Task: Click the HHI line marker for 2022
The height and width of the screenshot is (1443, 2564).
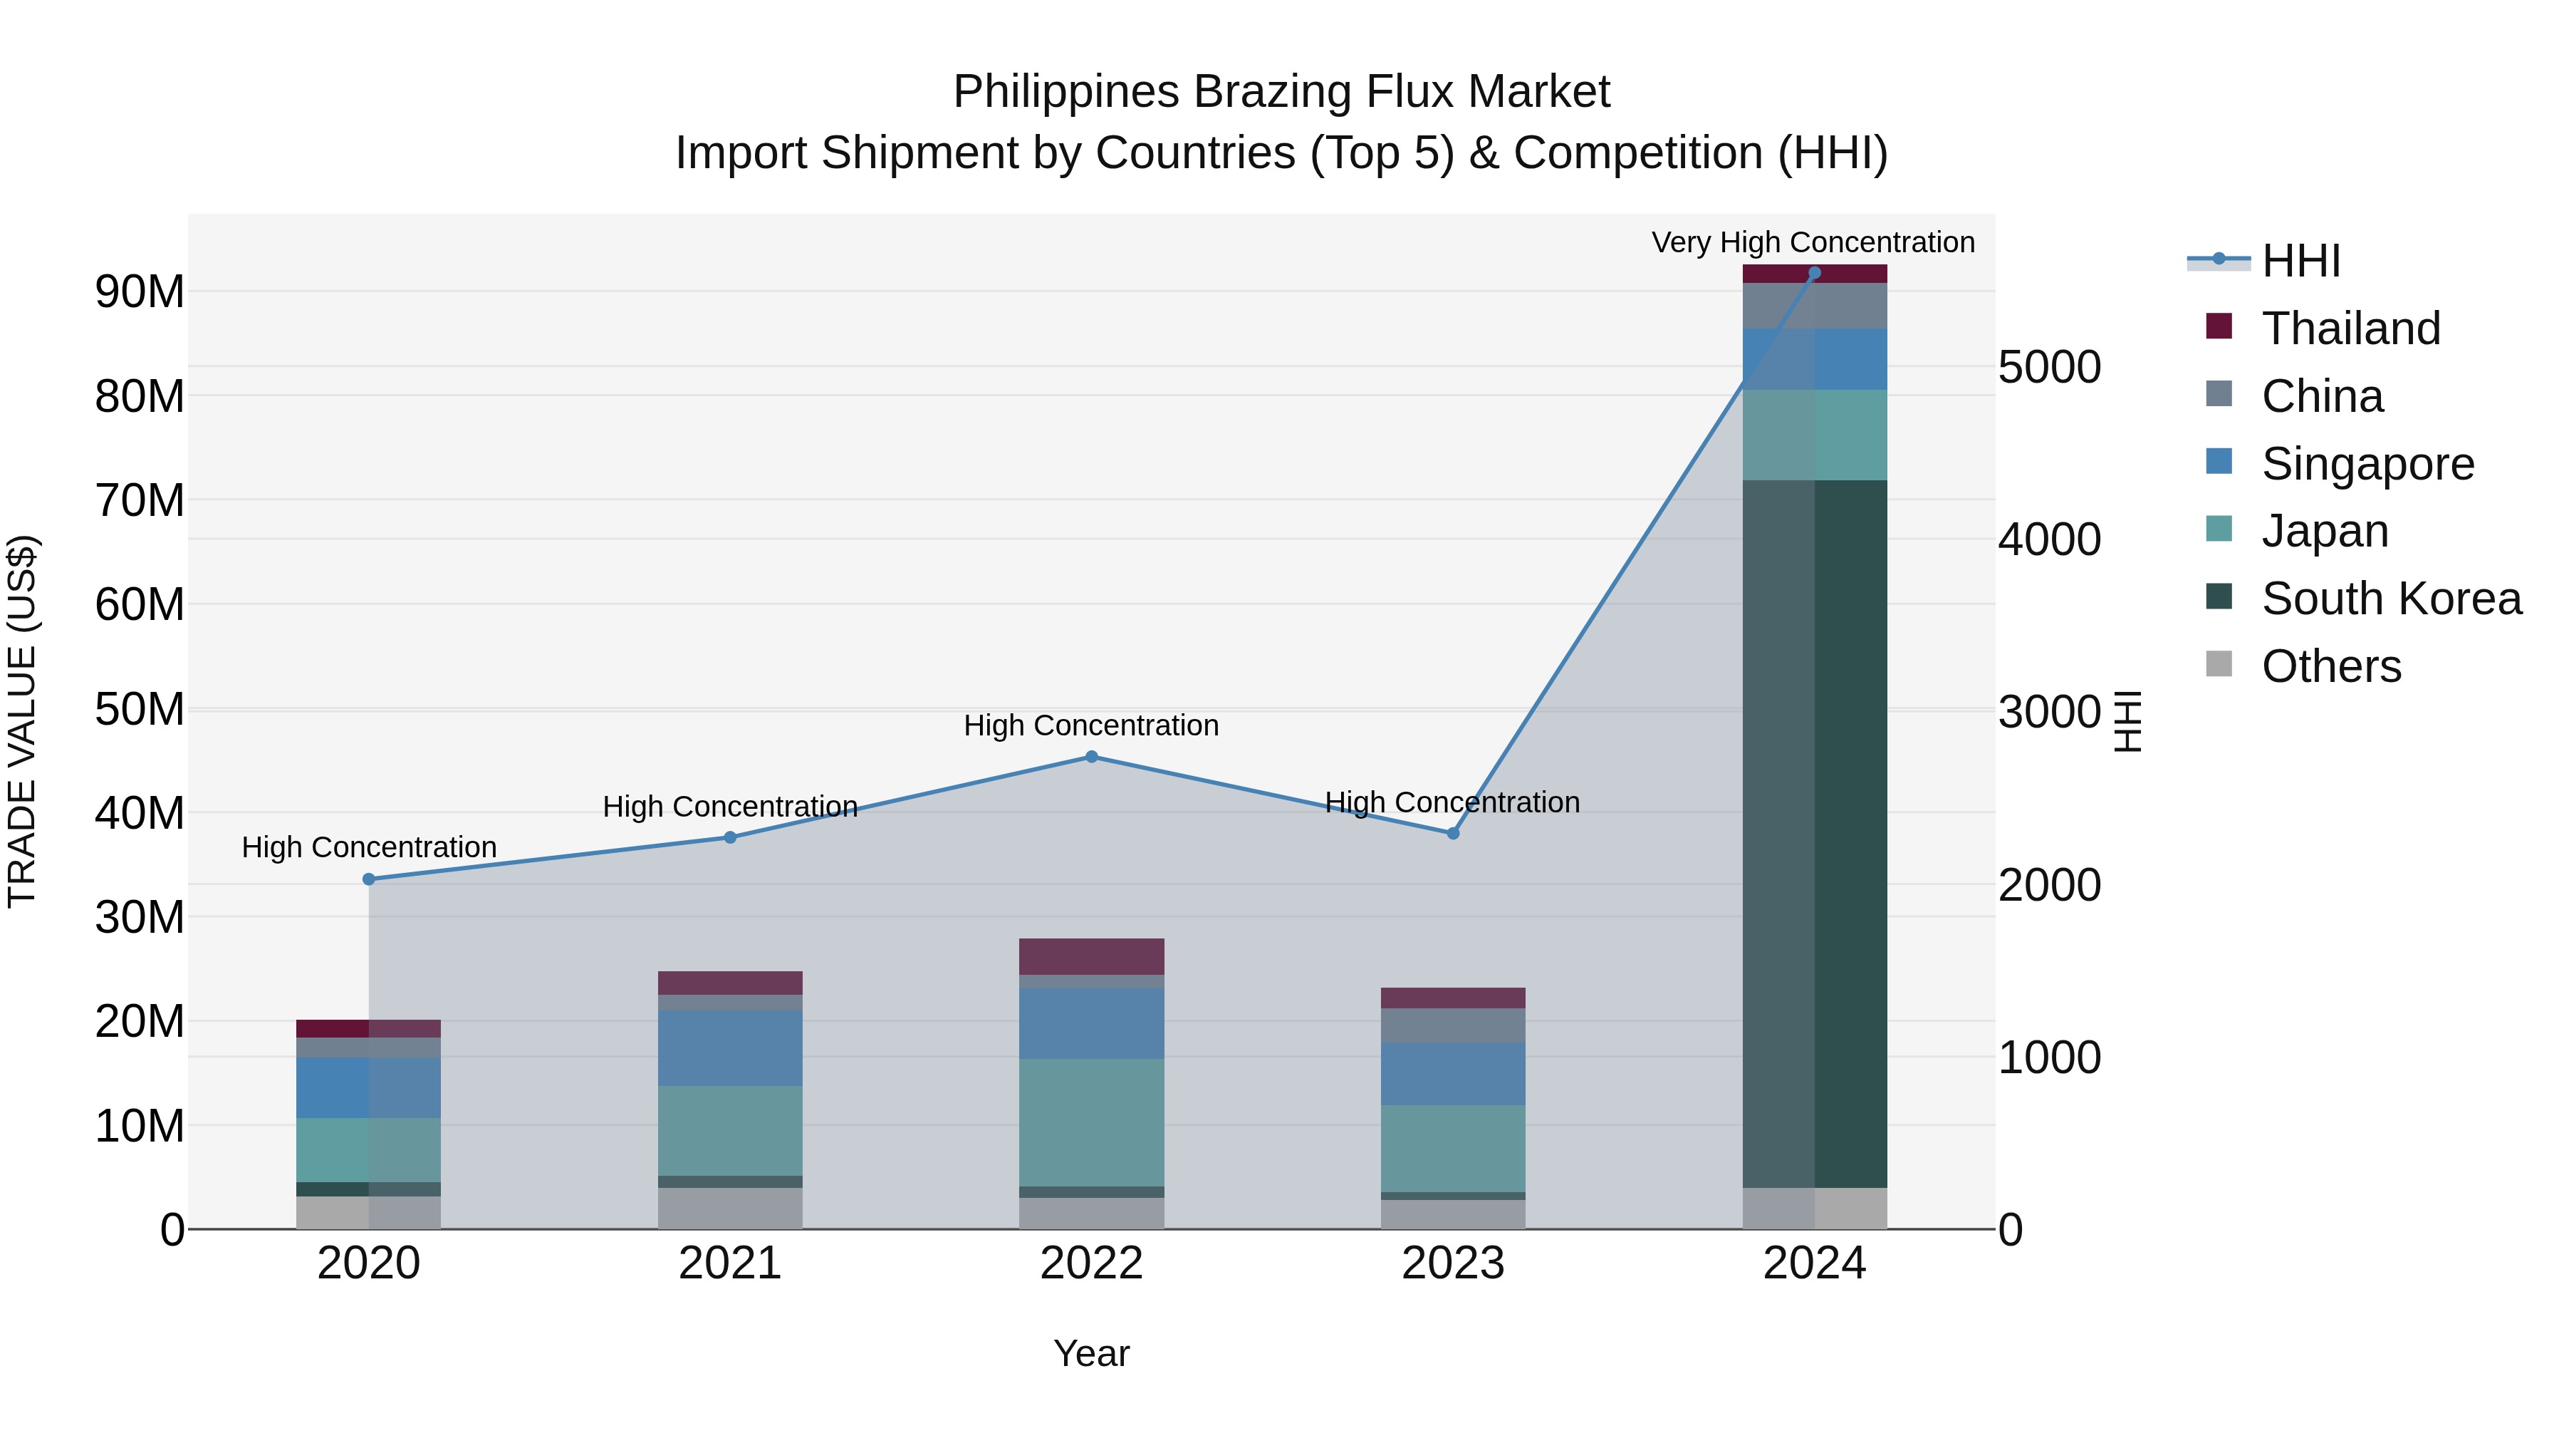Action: [1091, 757]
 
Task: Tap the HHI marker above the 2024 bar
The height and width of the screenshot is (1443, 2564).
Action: [1813, 273]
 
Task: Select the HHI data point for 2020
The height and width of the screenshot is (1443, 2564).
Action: [368, 879]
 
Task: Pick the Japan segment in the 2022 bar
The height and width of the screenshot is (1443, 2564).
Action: [1091, 1122]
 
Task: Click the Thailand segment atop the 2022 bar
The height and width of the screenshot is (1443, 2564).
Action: [1091, 956]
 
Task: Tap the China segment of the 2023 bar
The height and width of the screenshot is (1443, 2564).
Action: [1452, 1025]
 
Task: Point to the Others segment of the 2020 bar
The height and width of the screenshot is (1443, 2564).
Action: [368, 1212]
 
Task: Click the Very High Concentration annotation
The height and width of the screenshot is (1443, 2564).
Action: [1813, 242]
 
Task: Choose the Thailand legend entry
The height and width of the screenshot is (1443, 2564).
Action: [2350, 329]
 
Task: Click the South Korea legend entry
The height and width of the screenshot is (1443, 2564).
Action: [2391, 599]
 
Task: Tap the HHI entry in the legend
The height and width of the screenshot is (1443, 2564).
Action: [2300, 261]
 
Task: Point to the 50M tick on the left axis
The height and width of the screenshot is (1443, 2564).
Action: [140, 710]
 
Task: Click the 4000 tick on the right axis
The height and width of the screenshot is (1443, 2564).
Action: [2048, 539]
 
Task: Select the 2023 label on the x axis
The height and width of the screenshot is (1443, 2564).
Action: [1452, 1263]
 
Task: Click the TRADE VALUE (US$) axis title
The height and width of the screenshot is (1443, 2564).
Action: [22, 721]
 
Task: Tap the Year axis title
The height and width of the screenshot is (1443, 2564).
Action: [1091, 1353]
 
